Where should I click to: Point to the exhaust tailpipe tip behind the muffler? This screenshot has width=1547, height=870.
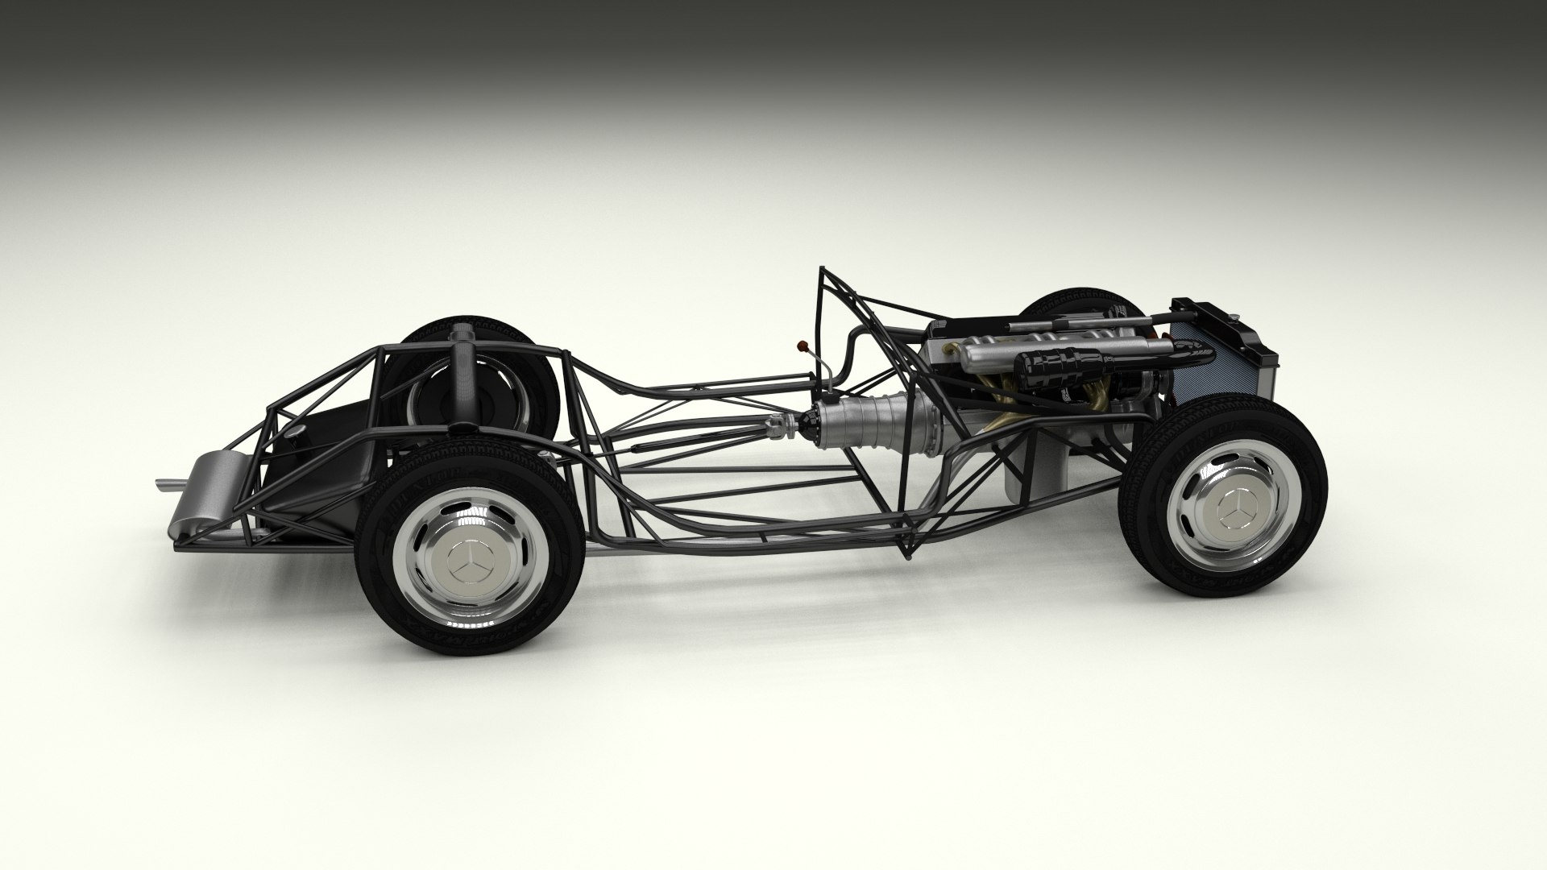point(164,484)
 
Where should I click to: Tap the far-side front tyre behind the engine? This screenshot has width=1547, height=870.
point(1072,302)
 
